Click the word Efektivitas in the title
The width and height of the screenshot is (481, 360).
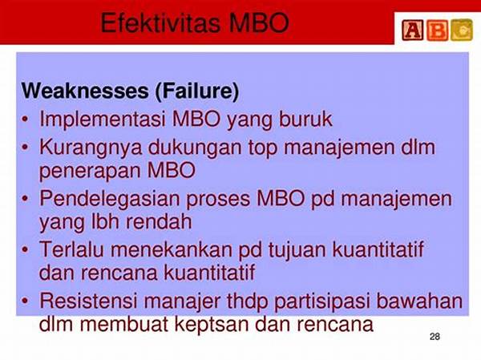point(160,23)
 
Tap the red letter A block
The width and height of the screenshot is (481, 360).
point(413,30)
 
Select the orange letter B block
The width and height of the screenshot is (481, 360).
point(437,30)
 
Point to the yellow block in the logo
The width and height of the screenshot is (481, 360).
point(462,30)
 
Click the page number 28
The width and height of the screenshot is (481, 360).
point(435,337)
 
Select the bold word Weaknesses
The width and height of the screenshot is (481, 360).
point(85,91)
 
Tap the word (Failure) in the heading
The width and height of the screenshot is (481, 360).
point(197,91)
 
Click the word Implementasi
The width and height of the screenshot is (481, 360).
point(103,119)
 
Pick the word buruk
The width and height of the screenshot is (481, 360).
point(305,119)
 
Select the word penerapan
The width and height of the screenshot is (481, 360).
point(91,172)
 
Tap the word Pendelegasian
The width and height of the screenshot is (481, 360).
point(110,200)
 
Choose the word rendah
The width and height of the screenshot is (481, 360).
point(159,221)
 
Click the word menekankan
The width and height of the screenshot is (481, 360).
point(172,249)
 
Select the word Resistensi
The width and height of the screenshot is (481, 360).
point(88,301)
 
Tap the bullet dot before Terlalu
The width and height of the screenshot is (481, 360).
point(25,249)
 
